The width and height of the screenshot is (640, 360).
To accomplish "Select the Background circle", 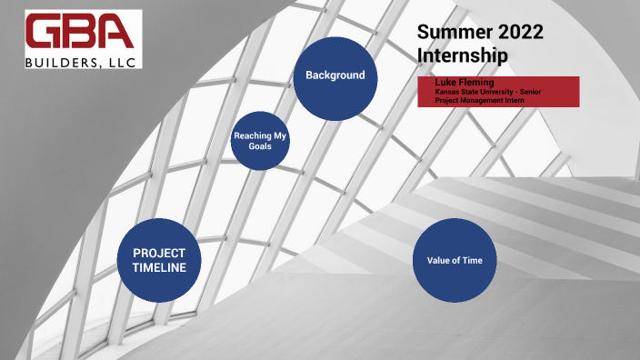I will click(335, 76).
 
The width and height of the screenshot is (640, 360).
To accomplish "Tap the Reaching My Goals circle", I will click(260, 141).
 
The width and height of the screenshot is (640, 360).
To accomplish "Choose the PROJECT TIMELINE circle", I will click(159, 260).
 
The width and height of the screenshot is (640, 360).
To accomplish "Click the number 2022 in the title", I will click(519, 34).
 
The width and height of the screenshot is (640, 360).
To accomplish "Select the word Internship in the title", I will click(462, 55).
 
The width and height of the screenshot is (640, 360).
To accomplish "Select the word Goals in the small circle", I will click(260, 145).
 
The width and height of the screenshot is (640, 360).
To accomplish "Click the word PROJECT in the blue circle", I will click(159, 253).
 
